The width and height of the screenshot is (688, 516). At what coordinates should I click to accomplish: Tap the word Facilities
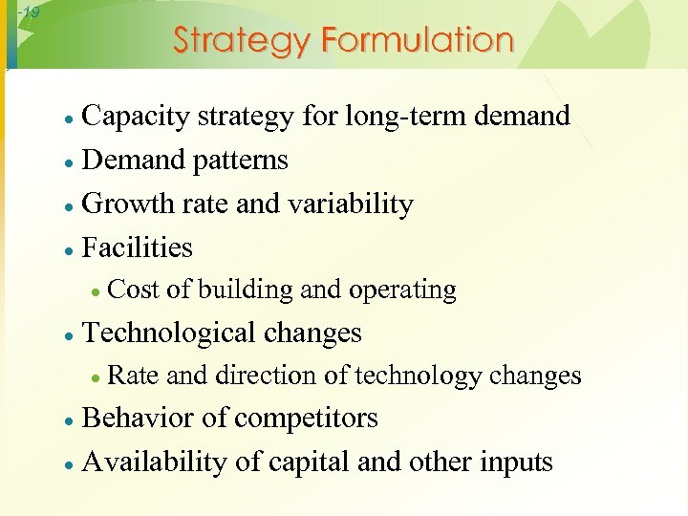(x=138, y=248)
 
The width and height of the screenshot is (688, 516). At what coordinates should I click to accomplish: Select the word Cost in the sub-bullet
(x=133, y=290)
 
